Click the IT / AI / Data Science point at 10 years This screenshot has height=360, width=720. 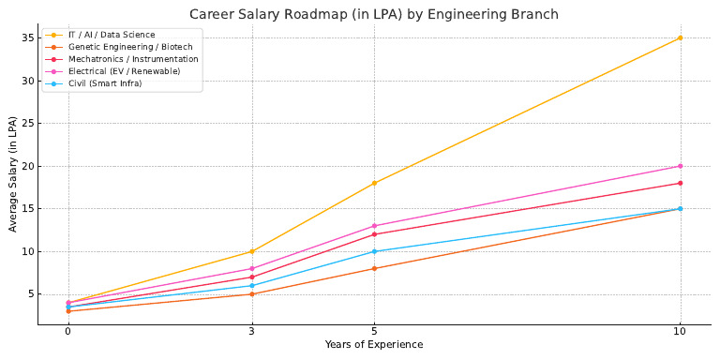680,38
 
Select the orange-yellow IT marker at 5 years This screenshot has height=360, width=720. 374,183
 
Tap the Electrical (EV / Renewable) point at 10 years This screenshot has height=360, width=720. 680,166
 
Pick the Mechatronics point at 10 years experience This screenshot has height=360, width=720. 680,183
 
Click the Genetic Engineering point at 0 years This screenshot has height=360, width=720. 67,311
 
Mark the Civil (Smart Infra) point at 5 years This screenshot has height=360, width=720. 374,251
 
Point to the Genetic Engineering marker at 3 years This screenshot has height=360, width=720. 251,294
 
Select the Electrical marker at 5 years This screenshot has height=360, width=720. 374,226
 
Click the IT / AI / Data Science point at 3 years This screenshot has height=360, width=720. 251,251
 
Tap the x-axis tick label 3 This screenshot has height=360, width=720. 251,332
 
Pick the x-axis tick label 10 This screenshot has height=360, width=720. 680,332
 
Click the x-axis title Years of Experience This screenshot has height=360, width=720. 374,345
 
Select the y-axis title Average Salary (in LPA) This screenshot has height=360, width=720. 12,174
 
